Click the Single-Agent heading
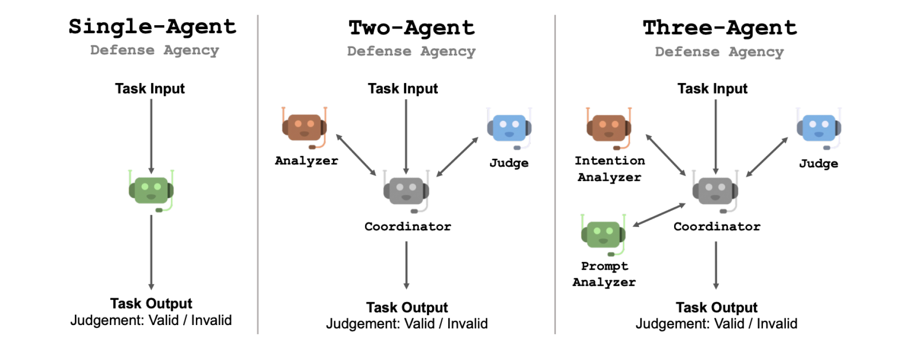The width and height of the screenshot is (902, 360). [152, 27]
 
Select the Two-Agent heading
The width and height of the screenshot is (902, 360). [411, 28]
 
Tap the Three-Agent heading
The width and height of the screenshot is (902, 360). [719, 28]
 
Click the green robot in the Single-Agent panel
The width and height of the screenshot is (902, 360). [151, 190]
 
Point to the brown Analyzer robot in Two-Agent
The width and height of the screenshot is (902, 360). [304, 128]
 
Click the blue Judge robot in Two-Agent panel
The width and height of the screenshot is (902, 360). [509, 128]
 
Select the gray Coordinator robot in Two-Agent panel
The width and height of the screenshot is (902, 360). [406, 191]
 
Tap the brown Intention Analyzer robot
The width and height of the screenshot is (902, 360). [608, 128]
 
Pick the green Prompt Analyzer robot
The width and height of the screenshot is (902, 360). [603, 235]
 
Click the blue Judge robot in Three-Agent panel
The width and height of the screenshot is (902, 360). [819, 128]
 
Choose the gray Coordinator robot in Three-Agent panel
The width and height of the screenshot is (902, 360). [715, 191]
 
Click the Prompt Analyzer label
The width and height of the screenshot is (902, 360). [604, 274]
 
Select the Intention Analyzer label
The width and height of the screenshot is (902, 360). [609, 169]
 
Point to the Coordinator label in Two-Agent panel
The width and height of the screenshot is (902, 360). [408, 226]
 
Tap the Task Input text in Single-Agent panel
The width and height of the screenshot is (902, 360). [150, 88]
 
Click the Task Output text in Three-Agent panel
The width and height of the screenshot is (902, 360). [716, 308]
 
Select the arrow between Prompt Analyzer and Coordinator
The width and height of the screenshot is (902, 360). [659, 215]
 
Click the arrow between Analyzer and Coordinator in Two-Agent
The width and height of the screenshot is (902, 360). [356, 154]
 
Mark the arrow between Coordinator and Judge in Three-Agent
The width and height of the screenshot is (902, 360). [767, 156]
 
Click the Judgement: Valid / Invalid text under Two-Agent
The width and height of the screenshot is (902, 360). [407, 324]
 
